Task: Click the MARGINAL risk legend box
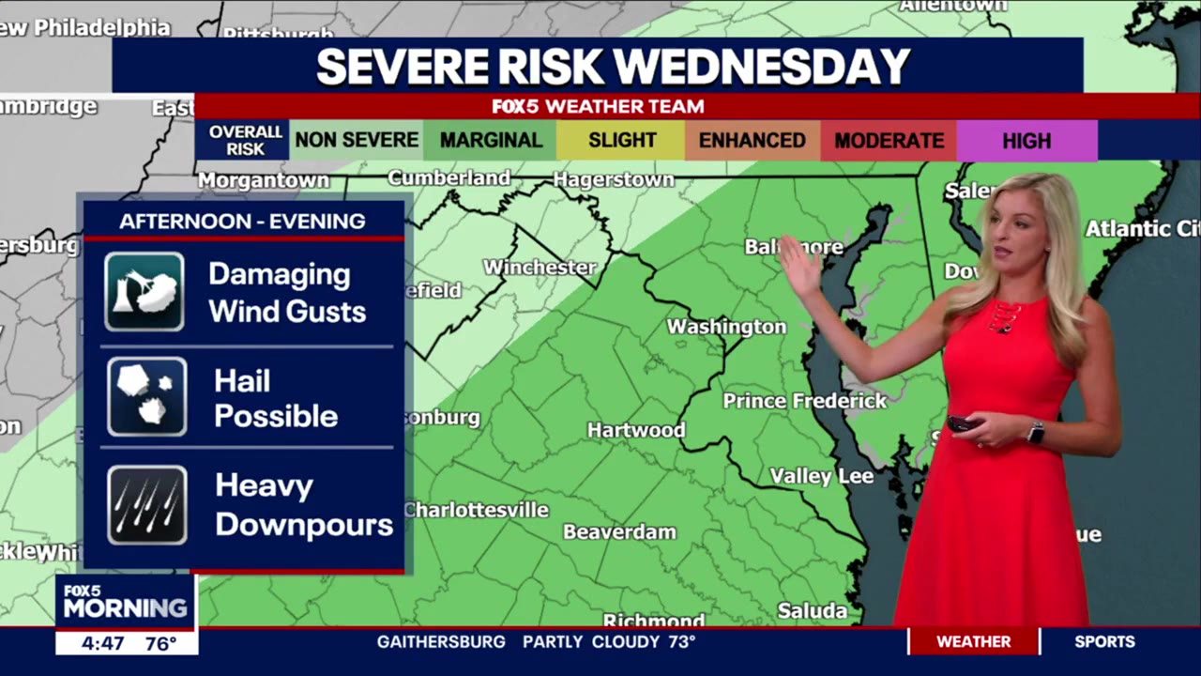pos(490,141)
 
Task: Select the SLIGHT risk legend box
pos(621,141)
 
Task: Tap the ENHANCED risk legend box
pos(752,141)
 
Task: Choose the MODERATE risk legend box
pos(889,141)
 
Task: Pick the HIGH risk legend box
pos(1026,141)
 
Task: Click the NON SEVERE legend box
pos(357,141)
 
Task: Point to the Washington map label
pos(726,327)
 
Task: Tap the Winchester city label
pos(540,268)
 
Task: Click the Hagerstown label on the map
pos(614,179)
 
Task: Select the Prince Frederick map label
pos(804,401)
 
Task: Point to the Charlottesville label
pos(477,510)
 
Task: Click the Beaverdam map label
pos(619,531)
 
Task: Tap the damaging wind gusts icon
pos(144,292)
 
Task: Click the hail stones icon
pos(146,396)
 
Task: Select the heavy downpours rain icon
pos(146,505)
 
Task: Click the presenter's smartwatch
pos(1036,432)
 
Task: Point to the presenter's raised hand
pos(799,268)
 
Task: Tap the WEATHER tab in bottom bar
pos(973,641)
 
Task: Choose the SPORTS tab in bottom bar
pos(1104,641)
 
